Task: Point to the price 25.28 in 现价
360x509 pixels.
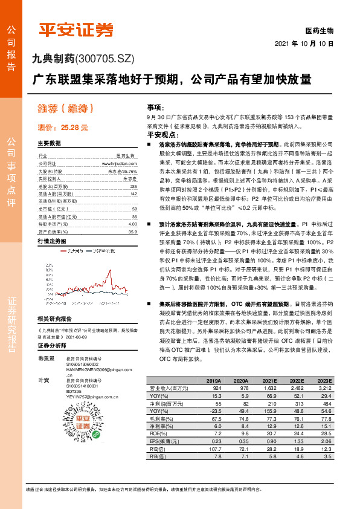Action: coord(75,128)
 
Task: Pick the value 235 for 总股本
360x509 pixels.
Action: coord(133,187)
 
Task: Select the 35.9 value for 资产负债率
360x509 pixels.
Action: coord(132,232)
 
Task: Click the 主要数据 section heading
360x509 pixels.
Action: coord(49,144)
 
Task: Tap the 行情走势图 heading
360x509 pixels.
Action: coord(51,241)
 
